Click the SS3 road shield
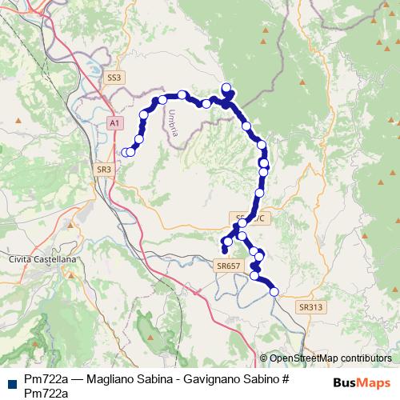114,78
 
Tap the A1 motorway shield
114,122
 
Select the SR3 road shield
104,170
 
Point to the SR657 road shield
229,266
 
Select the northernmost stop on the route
226,88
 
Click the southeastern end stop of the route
274,292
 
